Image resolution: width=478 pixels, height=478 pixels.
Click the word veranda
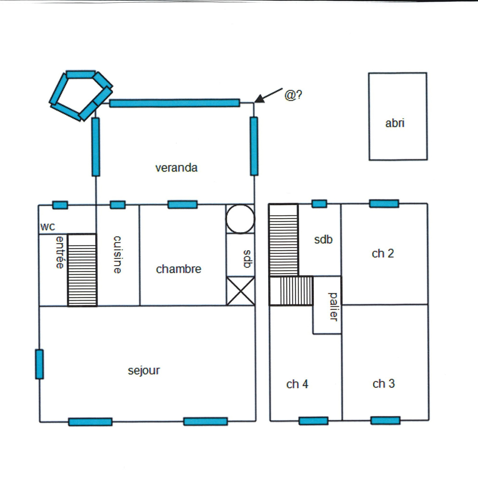pyautogui.click(x=176, y=168)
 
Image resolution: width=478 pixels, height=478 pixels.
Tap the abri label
pyautogui.click(x=395, y=123)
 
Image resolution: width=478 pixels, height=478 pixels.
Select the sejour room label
pyautogui.click(x=144, y=371)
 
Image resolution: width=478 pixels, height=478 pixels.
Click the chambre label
pyautogui.click(x=179, y=269)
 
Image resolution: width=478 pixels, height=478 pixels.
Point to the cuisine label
pyautogui.click(x=117, y=255)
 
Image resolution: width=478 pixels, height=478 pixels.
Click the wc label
pyautogui.click(x=48, y=227)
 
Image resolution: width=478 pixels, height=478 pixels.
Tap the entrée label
pyautogui.click(x=60, y=252)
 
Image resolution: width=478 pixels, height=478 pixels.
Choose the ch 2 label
pyautogui.click(x=383, y=254)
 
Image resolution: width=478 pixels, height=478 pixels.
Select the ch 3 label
pyautogui.click(x=384, y=384)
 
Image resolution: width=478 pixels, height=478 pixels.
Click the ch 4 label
pyautogui.click(x=297, y=384)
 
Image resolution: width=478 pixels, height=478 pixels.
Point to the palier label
pyautogui.click(x=333, y=307)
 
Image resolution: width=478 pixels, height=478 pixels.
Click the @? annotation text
pyautogui.click(x=293, y=95)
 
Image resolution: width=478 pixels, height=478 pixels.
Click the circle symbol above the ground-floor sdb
pyautogui.click(x=240, y=219)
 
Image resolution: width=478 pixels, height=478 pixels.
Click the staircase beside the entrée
pyautogui.click(x=82, y=270)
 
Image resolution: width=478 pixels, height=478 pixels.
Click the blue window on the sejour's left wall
pyautogui.click(x=39, y=364)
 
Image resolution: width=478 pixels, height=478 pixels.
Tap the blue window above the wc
pyautogui.click(x=60, y=205)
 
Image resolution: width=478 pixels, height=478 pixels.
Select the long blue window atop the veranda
pyautogui.click(x=174, y=103)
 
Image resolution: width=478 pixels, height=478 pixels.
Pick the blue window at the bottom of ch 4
pyautogui.click(x=313, y=421)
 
